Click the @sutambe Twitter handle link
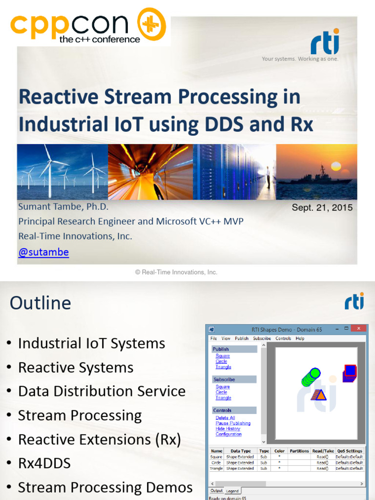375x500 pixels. coord(43,252)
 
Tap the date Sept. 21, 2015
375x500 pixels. coord(322,208)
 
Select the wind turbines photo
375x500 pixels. coord(62,172)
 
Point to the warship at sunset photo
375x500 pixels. coord(316,172)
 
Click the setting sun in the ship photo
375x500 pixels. coord(336,166)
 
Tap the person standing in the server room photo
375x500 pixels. coord(268,177)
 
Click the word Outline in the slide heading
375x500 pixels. coord(40,303)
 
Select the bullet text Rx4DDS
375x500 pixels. coord(44,463)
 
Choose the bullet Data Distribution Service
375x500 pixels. coord(102,391)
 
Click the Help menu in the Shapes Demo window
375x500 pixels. coord(300,338)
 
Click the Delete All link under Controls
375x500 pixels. coord(225,418)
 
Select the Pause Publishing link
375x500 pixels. coord(233,423)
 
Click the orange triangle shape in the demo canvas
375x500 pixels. coord(319,395)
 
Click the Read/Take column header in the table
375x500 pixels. coord(324,451)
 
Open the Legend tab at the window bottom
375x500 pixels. coord(232,491)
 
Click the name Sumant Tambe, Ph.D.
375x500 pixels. coord(63,207)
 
